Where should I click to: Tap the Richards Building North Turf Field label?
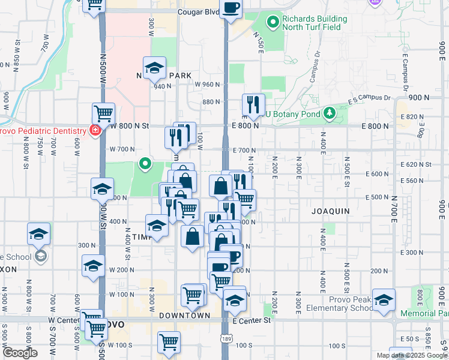pos(314,23)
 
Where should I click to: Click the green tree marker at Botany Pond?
pos(329,113)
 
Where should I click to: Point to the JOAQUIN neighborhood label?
pos(330,211)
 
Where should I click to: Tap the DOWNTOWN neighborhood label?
pos(184,316)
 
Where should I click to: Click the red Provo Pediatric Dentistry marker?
pos(94,130)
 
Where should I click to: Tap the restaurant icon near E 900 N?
pos(253,105)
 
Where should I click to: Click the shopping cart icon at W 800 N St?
pos(103,113)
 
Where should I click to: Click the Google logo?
pos(20,353)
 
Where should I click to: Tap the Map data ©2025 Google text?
pos(411,355)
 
